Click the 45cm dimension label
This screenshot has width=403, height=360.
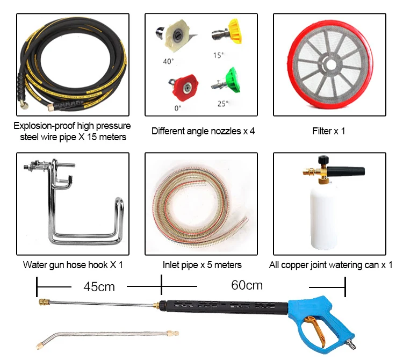[99, 286]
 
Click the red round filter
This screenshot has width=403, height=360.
[329, 64]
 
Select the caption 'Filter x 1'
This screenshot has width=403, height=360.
[329, 131]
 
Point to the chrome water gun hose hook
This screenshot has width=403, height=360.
[75, 210]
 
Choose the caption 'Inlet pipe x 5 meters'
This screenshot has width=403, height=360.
[202, 265]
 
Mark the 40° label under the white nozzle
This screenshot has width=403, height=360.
[168, 61]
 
